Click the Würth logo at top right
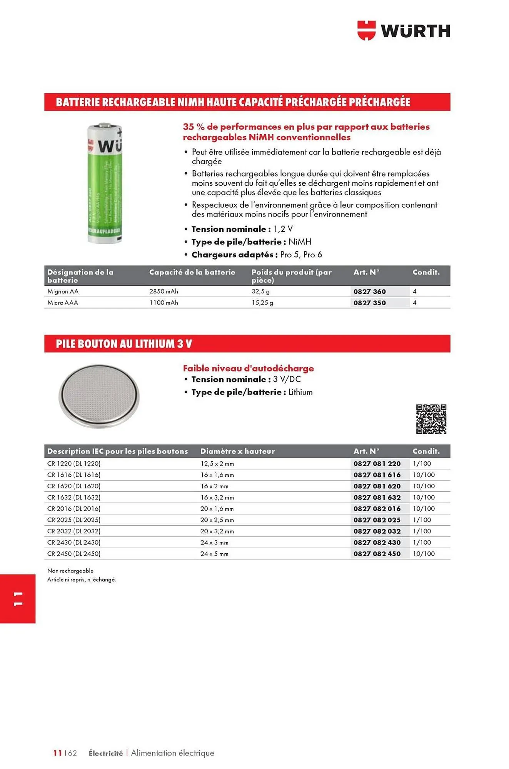point(404,30)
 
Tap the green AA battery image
point(104,183)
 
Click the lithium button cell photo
point(99,396)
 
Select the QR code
point(431,419)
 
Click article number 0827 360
point(369,291)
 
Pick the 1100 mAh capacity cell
point(164,303)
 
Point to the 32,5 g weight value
point(260,291)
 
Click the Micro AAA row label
point(63,303)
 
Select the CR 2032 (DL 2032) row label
point(74,531)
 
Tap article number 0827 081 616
point(377,475)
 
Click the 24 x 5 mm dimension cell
point(214,554)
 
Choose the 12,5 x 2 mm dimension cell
point(217,464)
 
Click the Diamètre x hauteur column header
point(237,451)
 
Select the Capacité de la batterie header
point(192,272)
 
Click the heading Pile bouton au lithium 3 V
point(124,344)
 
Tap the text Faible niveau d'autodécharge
point(248,368)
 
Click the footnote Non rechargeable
point(70,571)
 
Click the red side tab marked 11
point(18,599)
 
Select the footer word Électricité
point(105,753)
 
